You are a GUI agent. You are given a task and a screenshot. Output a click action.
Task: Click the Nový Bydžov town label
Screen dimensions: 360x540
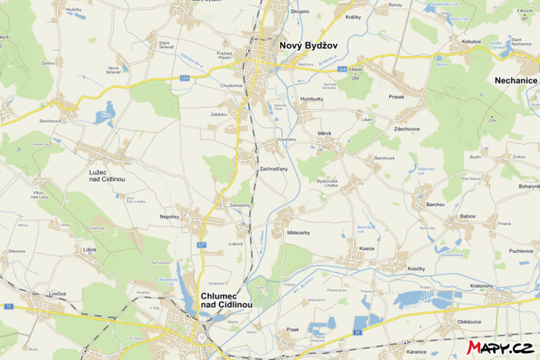[x=308, y=47]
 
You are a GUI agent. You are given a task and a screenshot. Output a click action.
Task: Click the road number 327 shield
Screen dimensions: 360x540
[x=202, y=245]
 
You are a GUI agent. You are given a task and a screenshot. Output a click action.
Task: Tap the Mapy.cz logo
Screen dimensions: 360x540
[x=501, y=348]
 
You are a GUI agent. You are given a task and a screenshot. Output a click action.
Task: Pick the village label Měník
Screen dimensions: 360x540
[x=325, y=134]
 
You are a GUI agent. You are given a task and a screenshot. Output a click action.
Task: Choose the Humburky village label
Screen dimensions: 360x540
[x=312, y=99]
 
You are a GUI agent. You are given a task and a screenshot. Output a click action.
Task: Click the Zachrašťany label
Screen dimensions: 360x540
[x=274, y=168]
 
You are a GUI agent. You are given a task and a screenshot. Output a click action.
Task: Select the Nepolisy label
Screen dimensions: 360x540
[x=169, y=217]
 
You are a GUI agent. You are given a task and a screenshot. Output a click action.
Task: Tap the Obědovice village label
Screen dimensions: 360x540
[x=468, y=322]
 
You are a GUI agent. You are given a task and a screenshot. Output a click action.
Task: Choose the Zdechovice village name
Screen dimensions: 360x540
[x=407, y=128]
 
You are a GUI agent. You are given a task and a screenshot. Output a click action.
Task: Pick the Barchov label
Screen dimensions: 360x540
[x=435, y=205]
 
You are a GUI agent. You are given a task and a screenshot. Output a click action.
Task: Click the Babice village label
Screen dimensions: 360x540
[x=468, y=216]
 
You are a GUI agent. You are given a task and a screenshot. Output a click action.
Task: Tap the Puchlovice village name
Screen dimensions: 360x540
[x=521, y=251]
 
